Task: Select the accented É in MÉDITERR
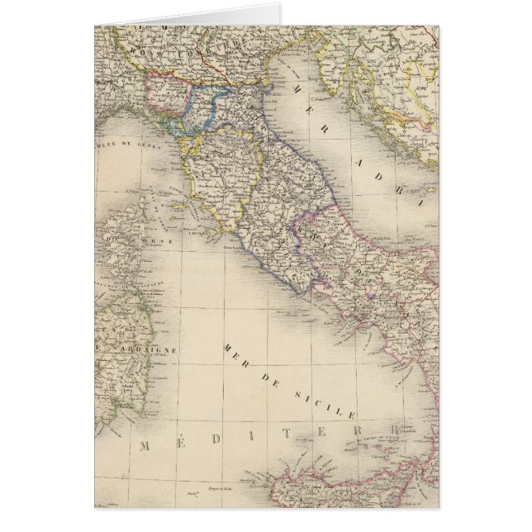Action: coord(187,444)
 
